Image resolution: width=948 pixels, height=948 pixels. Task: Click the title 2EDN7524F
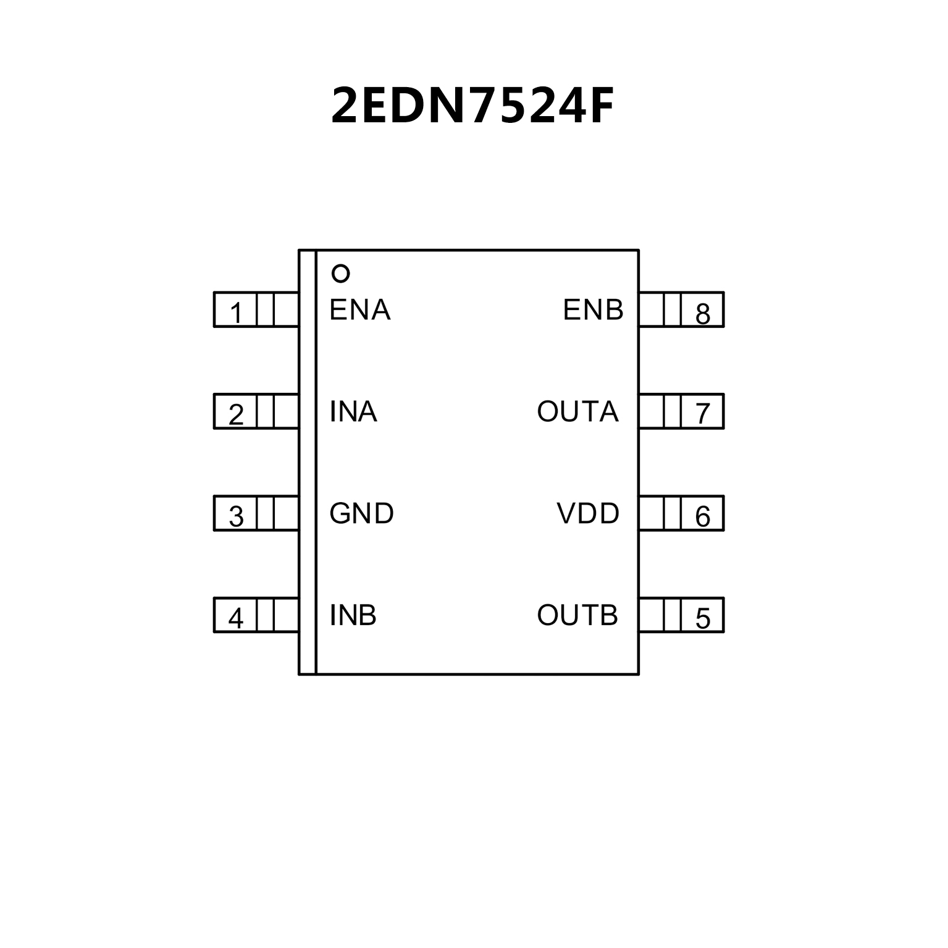472,106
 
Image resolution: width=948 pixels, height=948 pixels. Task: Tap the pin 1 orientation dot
341,273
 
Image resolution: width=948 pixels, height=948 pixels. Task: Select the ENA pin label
360,310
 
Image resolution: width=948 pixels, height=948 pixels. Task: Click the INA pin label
353,412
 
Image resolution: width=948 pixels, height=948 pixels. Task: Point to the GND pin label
361,514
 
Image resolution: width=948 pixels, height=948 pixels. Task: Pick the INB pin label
353,616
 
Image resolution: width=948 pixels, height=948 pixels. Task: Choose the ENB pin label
593,310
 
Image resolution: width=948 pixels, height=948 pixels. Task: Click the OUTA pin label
577,412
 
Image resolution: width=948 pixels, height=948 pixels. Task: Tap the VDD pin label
588,514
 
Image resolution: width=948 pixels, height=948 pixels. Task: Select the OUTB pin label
577,616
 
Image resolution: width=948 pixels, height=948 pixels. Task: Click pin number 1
236,313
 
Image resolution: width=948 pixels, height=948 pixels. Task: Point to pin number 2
236,414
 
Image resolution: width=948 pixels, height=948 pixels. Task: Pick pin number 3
236,516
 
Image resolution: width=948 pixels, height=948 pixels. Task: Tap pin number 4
236,618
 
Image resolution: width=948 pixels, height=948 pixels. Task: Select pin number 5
703,618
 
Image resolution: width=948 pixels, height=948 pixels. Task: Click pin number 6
703,516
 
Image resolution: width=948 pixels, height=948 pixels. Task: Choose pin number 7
703,414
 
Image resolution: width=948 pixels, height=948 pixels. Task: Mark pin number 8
703,313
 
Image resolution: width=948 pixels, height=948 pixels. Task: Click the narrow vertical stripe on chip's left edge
308,463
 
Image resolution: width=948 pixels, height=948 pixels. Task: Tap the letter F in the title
599,106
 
